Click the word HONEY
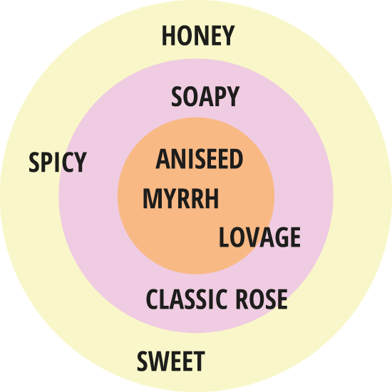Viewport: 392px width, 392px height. pos(198,36)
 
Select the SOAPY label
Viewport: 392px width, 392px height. pos(205,96)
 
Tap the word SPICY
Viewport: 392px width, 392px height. pos(58,163)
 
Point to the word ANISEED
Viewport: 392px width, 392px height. pos(200,159)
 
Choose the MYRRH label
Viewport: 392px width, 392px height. pos(181,199)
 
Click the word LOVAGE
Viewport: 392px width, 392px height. pos(259,237)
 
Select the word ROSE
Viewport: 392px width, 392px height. pos(262,299)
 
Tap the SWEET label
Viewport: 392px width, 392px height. pos(171,361)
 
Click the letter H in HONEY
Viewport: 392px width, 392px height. pos(168,36)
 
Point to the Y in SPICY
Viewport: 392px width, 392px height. pos(81,163)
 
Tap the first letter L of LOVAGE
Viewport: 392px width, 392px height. pos(224,237)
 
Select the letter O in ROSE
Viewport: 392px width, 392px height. pos(254,299)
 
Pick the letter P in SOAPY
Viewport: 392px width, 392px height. pos(221,96)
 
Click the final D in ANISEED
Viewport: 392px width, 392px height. pos(236,159)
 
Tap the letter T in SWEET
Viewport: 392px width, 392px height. pos(200,361)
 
